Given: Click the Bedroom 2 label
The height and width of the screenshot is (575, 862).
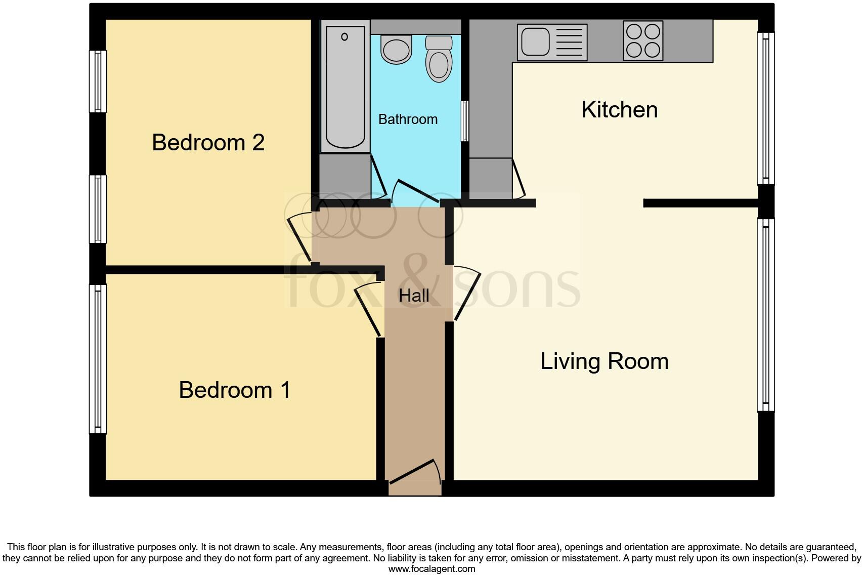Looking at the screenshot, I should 208,143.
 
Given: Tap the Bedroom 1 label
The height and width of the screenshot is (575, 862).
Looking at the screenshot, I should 235,390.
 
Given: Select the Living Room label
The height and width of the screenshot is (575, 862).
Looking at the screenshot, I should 605,361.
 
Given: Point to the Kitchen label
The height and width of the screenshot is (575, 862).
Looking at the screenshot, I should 619,110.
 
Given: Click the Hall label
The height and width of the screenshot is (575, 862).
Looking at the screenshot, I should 414,296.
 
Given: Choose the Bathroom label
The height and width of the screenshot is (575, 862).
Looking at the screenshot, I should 408,119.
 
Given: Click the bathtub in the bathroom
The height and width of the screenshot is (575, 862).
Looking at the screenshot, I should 345,86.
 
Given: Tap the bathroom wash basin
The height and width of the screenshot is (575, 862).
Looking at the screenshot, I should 396,50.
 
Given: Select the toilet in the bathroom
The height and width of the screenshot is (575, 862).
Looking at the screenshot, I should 439,59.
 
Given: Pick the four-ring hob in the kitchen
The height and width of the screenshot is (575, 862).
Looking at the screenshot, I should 643,40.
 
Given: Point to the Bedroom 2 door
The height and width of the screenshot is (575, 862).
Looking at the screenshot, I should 299,237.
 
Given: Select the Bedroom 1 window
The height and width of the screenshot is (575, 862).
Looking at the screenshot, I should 98,359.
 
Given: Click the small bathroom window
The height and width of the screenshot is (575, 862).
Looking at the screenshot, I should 464,121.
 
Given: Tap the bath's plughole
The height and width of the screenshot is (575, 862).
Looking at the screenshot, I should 344,36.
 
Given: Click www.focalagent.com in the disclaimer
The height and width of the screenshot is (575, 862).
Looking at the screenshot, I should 432,569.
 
